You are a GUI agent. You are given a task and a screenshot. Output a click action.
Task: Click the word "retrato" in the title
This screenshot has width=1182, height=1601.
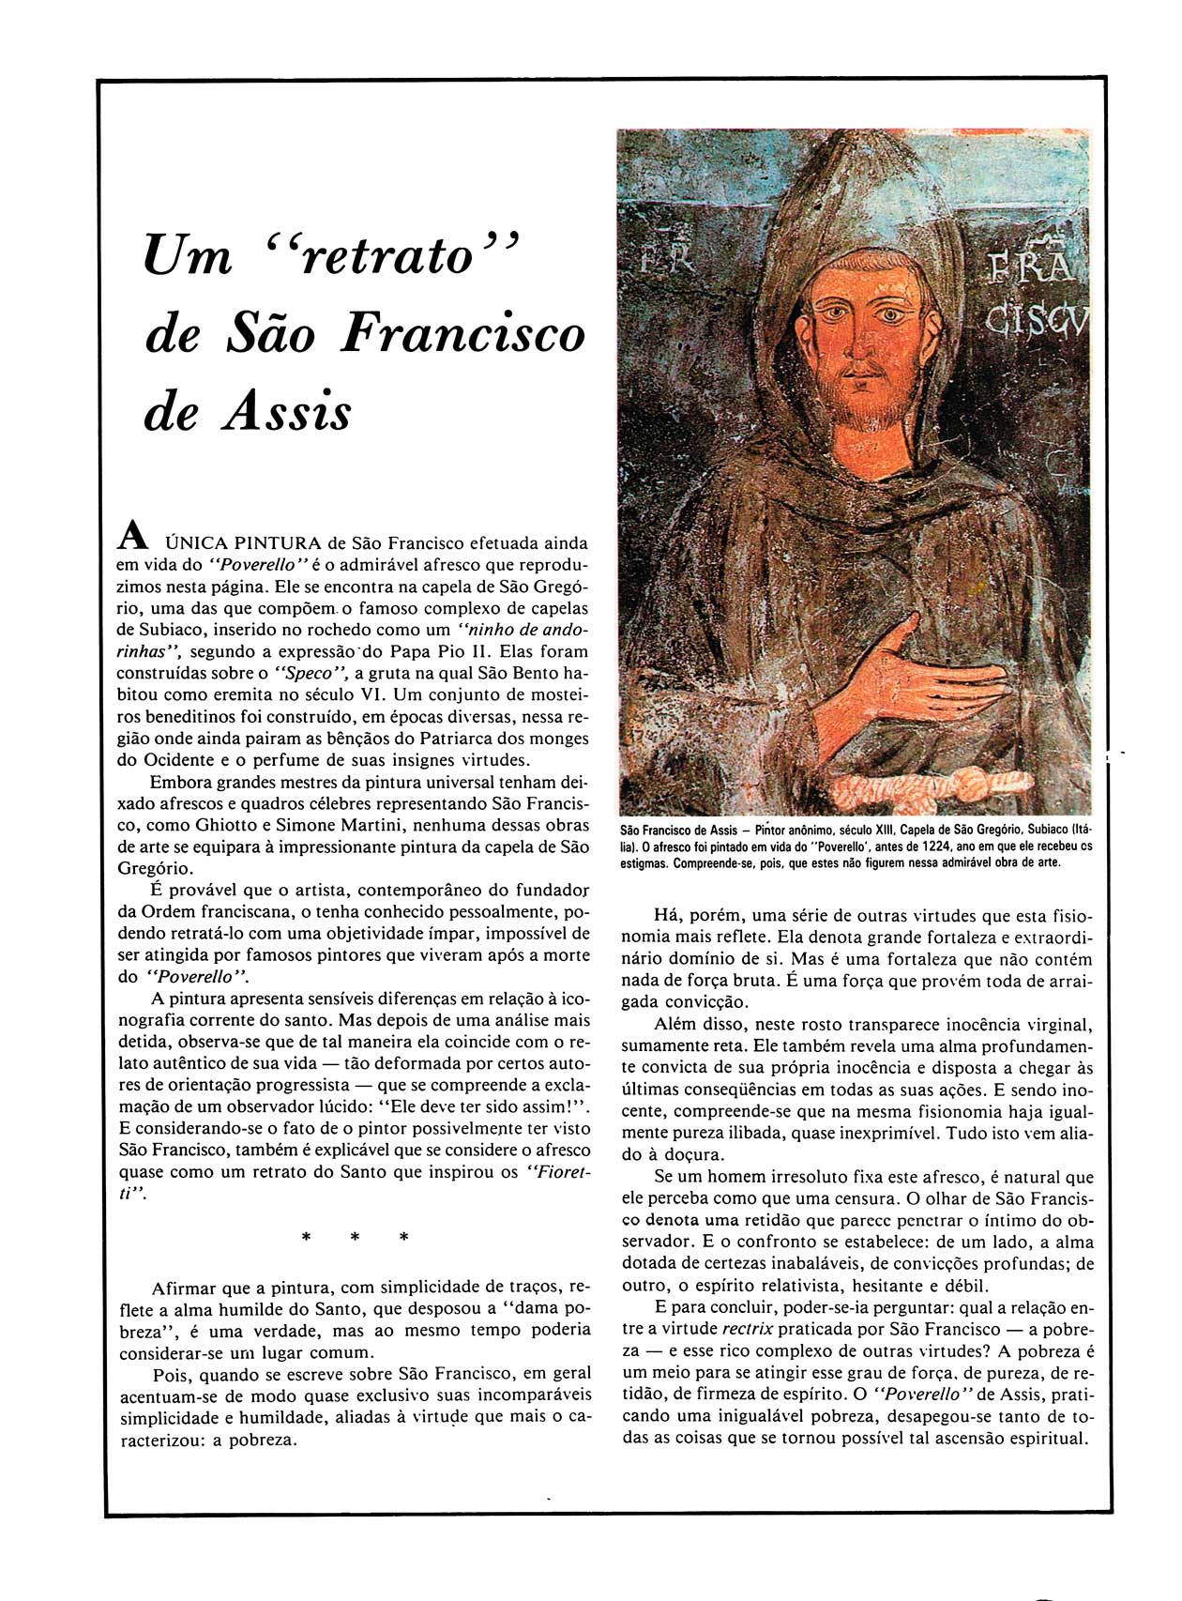tap(385, 255)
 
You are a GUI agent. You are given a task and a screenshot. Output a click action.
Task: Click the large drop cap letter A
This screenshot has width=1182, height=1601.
tap(132, 536)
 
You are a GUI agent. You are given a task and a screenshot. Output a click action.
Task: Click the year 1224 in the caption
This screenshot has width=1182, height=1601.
tap(925, 846)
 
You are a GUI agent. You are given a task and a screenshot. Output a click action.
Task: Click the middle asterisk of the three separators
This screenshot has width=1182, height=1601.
tap(355, 1238)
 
